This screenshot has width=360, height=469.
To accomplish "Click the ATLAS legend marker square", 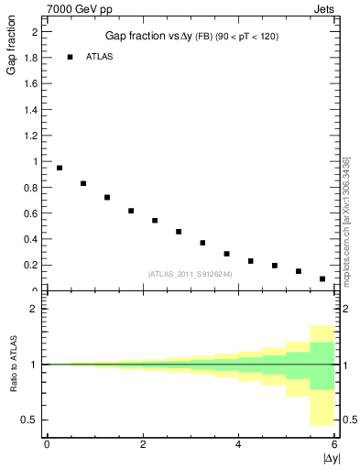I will [70, 57].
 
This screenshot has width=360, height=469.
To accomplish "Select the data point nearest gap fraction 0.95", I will [60, 168].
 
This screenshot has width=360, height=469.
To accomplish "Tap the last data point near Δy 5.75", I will [322, 278].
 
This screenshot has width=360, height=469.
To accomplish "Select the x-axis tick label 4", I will [238, 444].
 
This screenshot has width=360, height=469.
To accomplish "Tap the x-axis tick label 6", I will [334, 444].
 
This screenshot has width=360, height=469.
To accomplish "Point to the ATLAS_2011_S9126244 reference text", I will [189, 273].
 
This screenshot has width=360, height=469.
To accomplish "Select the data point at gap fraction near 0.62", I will [131, 211].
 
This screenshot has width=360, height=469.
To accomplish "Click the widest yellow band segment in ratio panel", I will [322, 376].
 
